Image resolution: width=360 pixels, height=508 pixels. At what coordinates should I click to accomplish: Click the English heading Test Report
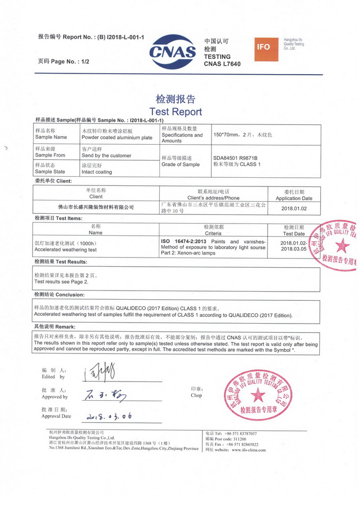pos(175,112)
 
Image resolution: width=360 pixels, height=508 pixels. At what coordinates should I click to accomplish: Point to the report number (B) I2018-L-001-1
pos(119,37)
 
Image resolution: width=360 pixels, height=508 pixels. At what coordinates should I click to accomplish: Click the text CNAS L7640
pos(222,64)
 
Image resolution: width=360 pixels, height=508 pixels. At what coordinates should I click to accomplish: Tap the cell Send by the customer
pos(106,155)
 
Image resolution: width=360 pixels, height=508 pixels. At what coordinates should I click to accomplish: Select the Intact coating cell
pos(97,172)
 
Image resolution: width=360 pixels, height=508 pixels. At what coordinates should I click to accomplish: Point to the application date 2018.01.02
pos(294,208)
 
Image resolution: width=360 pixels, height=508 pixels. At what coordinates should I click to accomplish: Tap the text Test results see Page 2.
pos(61,281)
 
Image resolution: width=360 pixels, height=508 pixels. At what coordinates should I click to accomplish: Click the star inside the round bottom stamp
pos(258,394)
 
